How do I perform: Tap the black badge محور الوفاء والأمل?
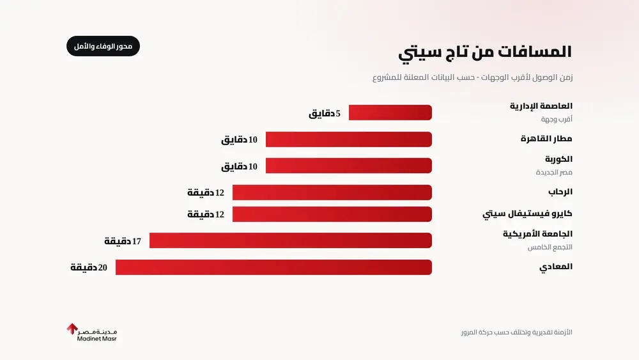coord(103,46)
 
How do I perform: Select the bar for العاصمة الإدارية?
coord(390,113)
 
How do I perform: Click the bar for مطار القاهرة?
coord(348,139)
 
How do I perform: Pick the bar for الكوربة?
coord(348,166)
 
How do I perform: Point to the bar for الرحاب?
coord(332,192)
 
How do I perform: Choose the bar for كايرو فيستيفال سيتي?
coord(332,214)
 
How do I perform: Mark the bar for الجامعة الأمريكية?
coord(291,240)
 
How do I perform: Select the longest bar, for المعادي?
coord(273,267)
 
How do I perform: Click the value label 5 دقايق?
coord(325,113)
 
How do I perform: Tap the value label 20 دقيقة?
coord(89,267)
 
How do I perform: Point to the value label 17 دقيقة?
coord(123,241)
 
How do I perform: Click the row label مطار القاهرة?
coord(546,139)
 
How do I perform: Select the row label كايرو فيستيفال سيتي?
coord(527,214)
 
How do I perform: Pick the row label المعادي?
coord(556,267)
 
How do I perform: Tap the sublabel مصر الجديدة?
coord(554,172)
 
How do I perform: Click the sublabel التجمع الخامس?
coord(550,247)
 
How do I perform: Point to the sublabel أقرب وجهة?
coord(557,119)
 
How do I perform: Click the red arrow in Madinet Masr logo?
coord(72,329)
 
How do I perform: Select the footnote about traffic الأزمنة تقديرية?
coord(517,333)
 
